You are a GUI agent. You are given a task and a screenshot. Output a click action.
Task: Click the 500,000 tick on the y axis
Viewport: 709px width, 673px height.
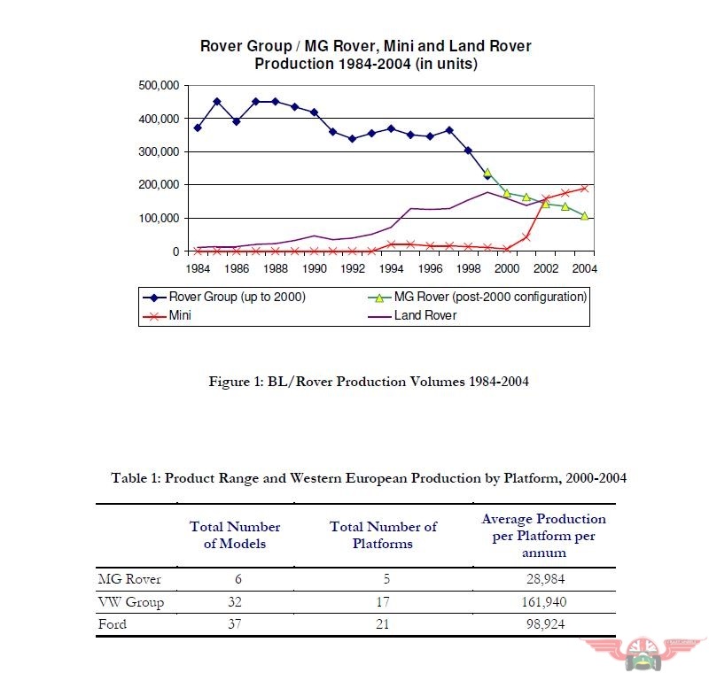[159, 85]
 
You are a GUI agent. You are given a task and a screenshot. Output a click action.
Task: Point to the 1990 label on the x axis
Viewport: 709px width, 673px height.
[315, 268]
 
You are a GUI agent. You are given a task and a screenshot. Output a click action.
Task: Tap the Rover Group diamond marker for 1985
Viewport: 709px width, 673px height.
[217, 102]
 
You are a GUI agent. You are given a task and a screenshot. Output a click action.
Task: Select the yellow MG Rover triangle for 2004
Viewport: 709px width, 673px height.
[584, 216]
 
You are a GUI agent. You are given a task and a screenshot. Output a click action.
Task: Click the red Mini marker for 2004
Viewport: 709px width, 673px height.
[584, 189]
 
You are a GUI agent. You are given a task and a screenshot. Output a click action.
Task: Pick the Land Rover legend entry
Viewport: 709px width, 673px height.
[412, 315]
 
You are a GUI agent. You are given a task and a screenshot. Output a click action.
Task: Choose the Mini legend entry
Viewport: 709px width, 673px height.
[167, 315]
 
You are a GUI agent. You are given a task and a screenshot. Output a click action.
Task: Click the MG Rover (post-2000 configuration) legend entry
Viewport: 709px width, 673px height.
[478, 298]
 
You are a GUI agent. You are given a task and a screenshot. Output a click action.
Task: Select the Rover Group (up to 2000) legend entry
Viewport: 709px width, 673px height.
[224, 298]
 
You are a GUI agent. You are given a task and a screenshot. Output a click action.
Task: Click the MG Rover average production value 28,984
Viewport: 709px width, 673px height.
[545, 578]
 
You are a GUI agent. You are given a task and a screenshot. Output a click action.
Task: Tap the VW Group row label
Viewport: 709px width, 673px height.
[130, 602]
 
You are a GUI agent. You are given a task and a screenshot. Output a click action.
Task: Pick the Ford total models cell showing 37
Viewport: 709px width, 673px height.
[235, 624]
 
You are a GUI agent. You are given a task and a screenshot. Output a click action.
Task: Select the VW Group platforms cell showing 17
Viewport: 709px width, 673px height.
[383, 601]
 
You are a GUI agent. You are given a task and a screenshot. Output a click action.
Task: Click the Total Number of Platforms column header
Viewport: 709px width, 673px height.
[383, 535]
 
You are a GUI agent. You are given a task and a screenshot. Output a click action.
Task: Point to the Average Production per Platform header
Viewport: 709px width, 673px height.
[544, 536]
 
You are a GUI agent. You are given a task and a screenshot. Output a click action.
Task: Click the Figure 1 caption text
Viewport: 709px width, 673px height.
[369, 382]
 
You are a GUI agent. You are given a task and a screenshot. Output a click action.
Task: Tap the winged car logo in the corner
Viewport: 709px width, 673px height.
[643, 654]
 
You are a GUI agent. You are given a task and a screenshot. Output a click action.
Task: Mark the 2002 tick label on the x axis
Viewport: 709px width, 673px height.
[546, 268]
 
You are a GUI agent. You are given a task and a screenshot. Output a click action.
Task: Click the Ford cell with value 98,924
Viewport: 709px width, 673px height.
[545, 624]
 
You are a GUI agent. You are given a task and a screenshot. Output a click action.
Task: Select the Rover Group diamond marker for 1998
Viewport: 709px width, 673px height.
[469, 151]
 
